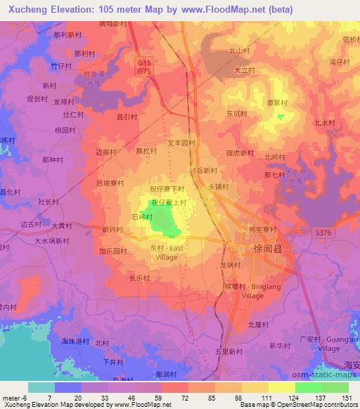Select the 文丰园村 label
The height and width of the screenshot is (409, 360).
[x=180, y=142]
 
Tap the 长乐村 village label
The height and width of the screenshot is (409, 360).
[x=139, y=278]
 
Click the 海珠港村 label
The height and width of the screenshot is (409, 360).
[x=73, y=341]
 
